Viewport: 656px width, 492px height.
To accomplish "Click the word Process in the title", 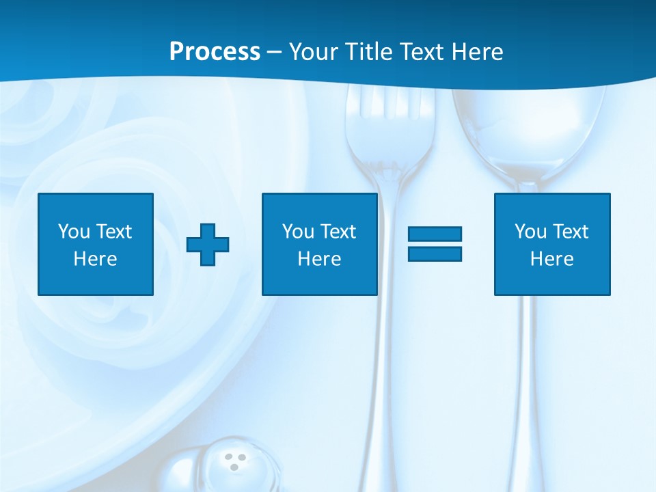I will pyautogui.click(x=215, y=52).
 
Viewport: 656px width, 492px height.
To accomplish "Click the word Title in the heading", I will pyautogui.click(x=367, y=52).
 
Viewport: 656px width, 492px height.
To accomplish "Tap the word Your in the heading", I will pyautogui.click(x=314, y=52).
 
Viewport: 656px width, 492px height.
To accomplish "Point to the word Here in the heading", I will pyautogui.click(x=478, y=52).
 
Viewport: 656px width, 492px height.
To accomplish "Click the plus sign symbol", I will pyautogui.click(x=208, y=244).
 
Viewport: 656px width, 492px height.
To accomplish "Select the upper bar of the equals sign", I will pyautogui.click(x=435, y=234).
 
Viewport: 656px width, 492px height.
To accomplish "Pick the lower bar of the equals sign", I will pyautogui.click(x=435, y=254).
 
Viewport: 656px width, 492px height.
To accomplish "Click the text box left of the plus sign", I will pyautogui.click(x=96, y=244).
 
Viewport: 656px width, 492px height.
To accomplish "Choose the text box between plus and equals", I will pyautogui.click(x=319, y=244).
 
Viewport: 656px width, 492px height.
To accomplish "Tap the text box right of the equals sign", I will pyautogui.click(x=552, y=244).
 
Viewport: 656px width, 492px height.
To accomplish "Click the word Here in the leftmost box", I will pyautogui.click(x=95, y=259).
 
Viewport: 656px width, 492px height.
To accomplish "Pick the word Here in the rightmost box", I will pyautogui.click(x=552, y=259).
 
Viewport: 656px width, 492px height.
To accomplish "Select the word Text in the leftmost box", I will pyautogui.click(x=114, y=232).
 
